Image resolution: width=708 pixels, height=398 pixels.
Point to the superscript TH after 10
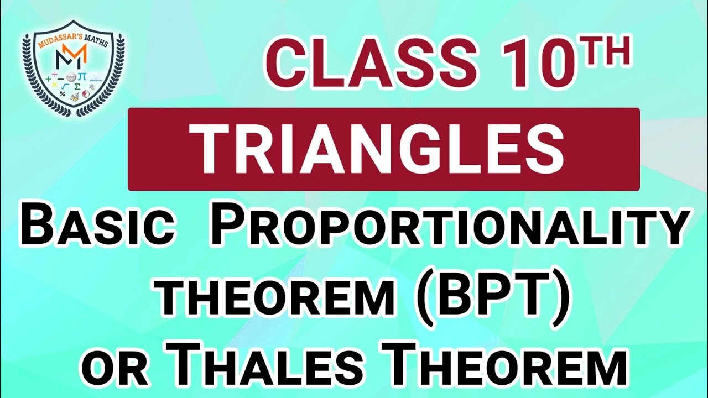(608, 53)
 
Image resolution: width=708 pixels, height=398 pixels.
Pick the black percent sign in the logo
(63, 95)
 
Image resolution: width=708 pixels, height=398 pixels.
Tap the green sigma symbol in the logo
(77, 87)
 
